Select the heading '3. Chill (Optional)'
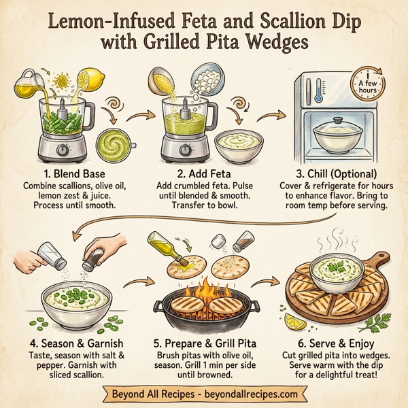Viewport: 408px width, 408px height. coord(334,173)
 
